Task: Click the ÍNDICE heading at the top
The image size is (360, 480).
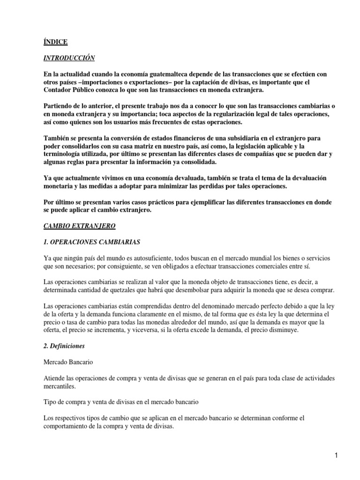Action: click(55, 42)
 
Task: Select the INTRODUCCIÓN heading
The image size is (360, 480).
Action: click(69, 58)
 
